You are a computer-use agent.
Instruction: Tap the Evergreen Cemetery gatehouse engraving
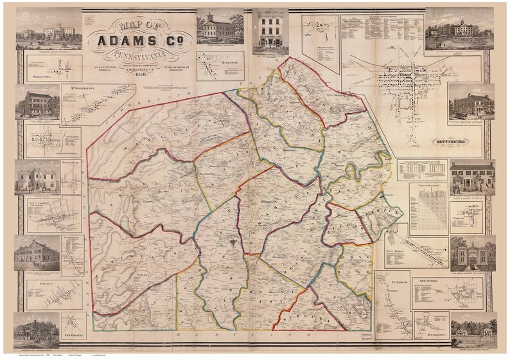click(x=471, y=253)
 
